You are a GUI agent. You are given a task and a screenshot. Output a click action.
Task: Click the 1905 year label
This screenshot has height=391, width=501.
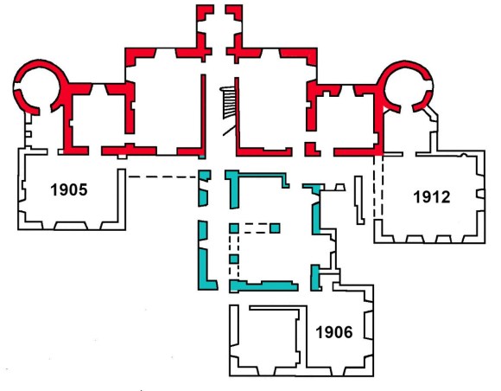[x=69, y=189]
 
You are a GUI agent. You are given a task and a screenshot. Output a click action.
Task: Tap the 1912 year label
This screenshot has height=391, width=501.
[x=432, y=196]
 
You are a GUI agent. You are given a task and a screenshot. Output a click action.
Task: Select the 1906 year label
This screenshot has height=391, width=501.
[x=334, y=332]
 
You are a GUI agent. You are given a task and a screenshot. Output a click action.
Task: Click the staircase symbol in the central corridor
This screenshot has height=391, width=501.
[x=228, y=103]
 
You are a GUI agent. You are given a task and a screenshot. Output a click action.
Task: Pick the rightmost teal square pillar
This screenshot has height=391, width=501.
[x=275, y=228]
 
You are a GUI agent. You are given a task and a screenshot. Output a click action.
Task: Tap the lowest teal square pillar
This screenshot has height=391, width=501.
[x=234, y=259]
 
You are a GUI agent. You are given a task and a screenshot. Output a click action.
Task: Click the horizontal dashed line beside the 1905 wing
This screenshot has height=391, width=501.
[x=162, y=176]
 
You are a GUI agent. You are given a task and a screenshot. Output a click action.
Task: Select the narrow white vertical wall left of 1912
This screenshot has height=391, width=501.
[x=359, y=200]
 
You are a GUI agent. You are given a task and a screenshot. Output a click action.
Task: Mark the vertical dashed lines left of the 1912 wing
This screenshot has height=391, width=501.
[x=378, y=187]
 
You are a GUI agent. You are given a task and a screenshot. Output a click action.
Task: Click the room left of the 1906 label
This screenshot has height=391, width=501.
[x=266, y=336]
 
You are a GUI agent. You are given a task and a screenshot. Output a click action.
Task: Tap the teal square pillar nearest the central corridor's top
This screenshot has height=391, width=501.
[x=234, y=228]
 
